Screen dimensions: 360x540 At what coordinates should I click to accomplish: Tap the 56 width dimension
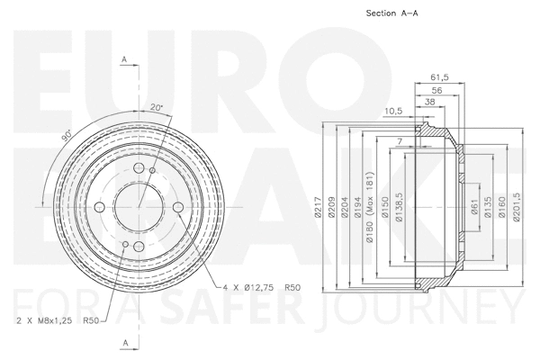pyautogui.click(x=436, y=91)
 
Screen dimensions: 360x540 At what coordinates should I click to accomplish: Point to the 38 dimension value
pyautogui.click(x=430, y=103)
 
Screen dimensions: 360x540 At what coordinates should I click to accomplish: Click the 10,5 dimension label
pyautogui.click(x=392, y=112)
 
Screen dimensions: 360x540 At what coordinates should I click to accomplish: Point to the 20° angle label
pyautogui.click(x=157, y=108)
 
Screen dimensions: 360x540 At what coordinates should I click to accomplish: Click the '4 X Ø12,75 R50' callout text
pyautogui.click(x=261, y=287)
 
